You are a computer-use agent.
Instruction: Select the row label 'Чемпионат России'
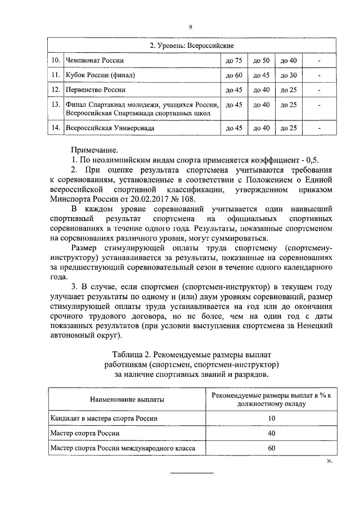pyautogui.click(x=94, y=60)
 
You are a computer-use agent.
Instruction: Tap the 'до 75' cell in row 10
pyautogui.click(x=233, y=60)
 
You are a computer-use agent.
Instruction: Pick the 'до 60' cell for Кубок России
pyautogui.click(x=233, y=75)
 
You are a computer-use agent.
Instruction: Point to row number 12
pyautogui.click(x=55, y=89)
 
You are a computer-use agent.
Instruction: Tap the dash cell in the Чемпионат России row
pyautogui.click(x=319, y=60)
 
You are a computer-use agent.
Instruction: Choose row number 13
pyautogui.click(x=55, y=105)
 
